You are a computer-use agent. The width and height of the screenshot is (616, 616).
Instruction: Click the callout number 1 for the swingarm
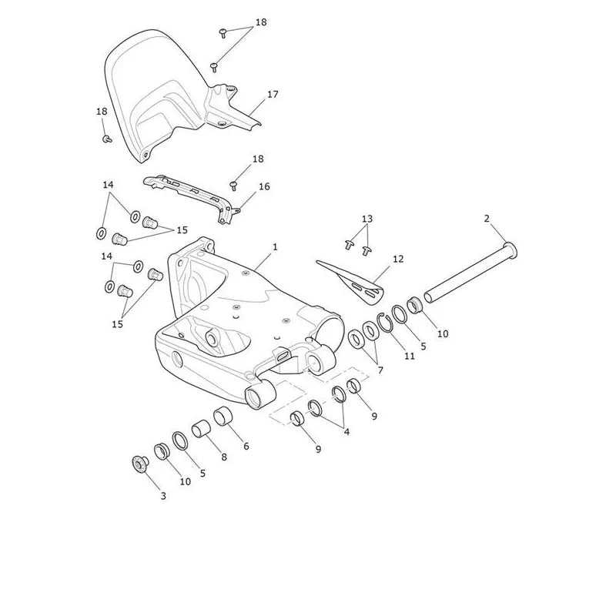tap(275, 247)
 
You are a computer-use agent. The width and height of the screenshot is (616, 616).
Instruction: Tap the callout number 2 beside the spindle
tap(487, 219)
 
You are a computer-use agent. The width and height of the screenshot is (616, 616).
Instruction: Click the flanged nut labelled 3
tap(140, 464)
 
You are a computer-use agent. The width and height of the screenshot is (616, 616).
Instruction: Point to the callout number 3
tap(163, 496)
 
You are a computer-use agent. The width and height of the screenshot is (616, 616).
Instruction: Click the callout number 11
tap(410, 356)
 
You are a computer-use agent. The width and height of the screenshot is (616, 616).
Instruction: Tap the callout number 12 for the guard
tap(398, 259)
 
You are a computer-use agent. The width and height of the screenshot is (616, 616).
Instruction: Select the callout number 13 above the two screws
tap(367, 219)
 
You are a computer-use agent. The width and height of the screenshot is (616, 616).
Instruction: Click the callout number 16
tap(264, 186)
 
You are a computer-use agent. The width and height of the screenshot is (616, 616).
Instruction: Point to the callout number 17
tap(273, 94)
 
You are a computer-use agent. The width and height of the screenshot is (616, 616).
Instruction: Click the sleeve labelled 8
tap(202, 428)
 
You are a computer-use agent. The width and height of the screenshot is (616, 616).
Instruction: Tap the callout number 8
tap(224, 457)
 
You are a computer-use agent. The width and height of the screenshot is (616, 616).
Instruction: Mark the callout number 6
tap(246, 446)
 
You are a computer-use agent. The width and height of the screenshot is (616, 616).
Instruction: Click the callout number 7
tap(380, 370)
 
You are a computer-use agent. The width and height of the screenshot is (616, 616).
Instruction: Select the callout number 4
tap(346, 432)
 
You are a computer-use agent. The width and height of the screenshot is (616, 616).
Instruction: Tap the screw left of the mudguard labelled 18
tap(107, 139)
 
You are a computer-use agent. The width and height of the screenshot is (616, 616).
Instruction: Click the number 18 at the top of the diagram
tap(261, 22)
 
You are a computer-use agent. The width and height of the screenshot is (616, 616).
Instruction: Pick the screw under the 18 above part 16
tap(234, 185)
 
